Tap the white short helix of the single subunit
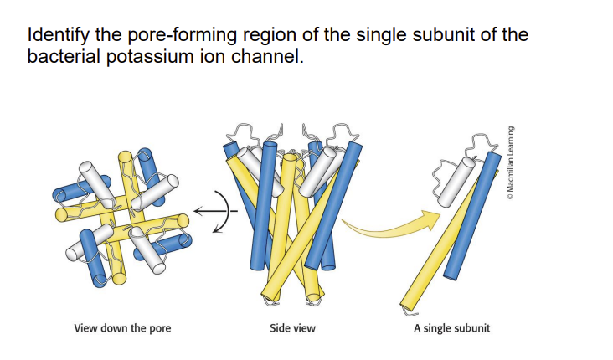tap(459, 180)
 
